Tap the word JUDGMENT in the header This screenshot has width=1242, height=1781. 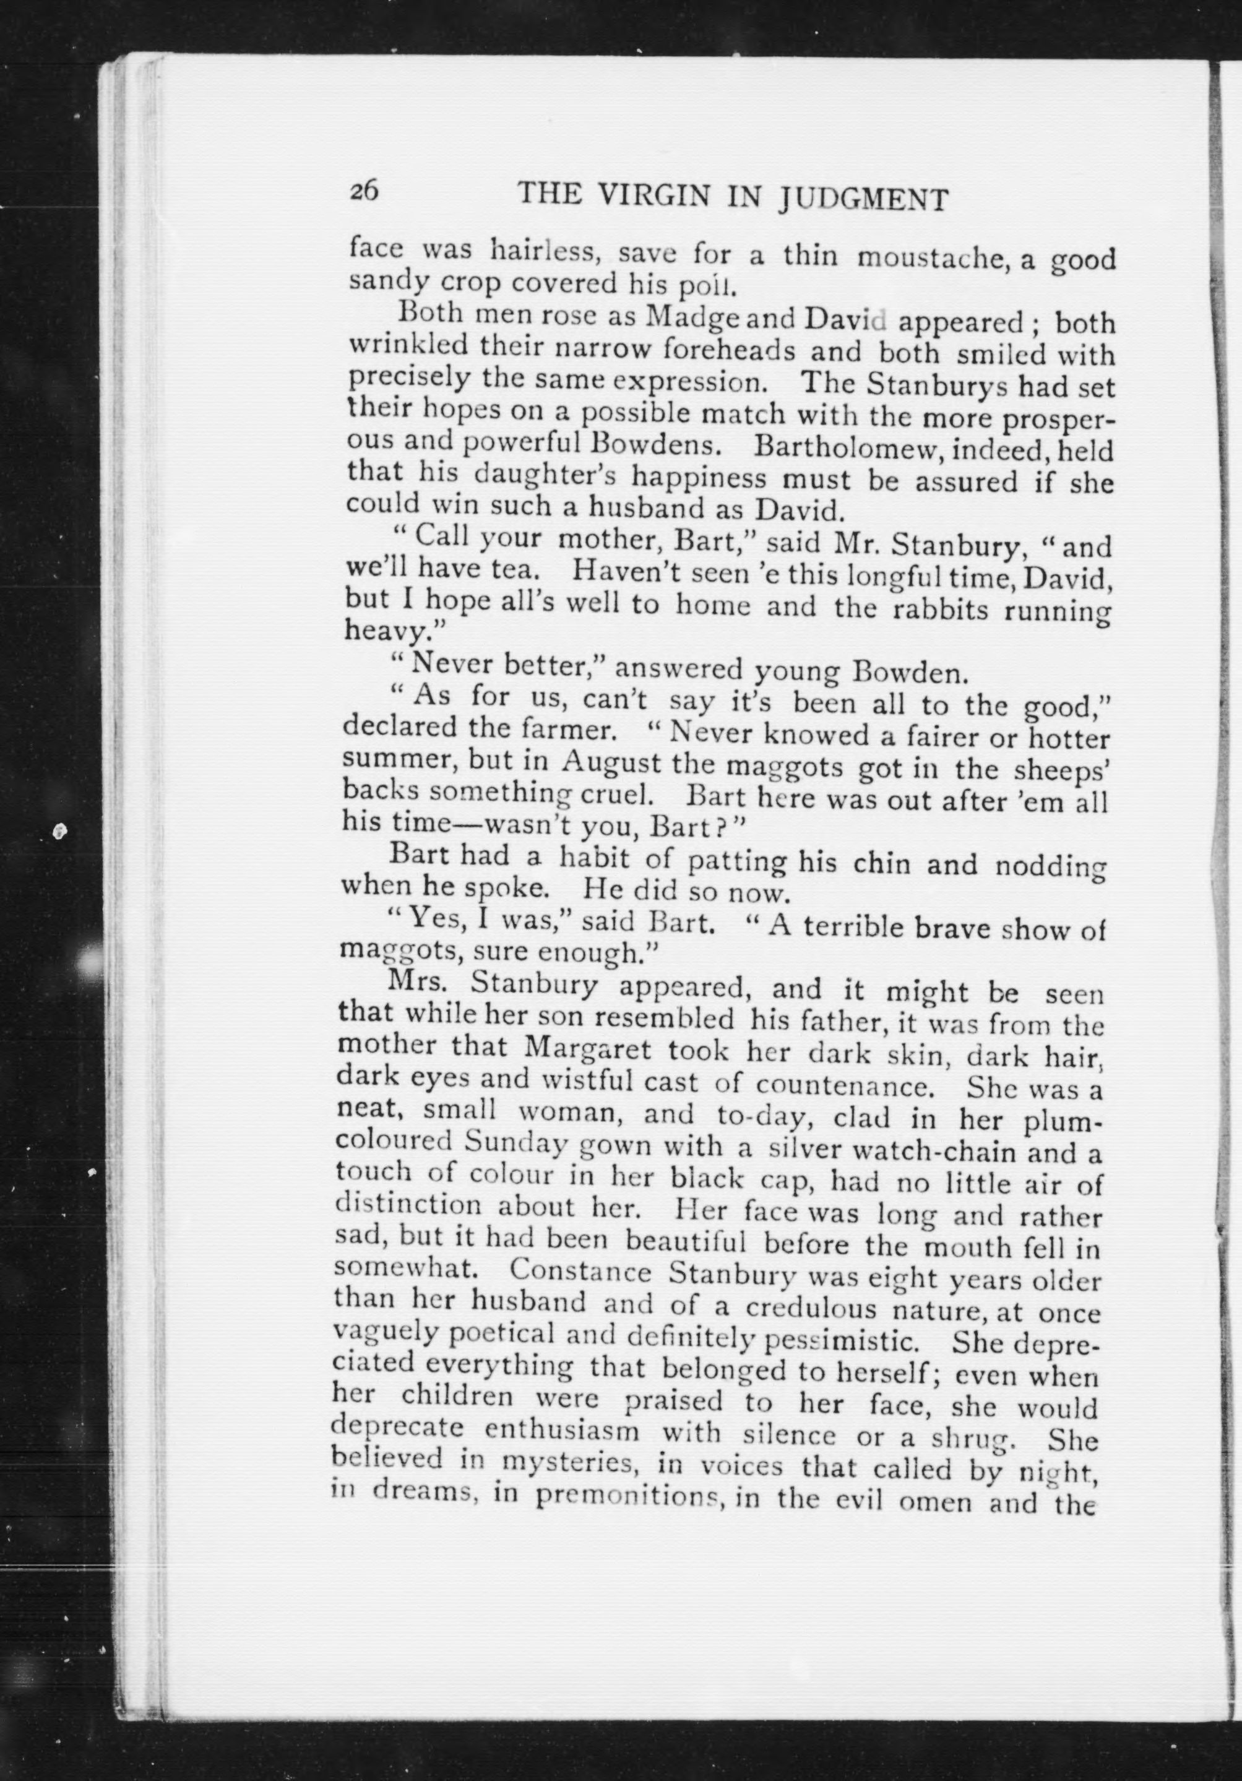(863, 200)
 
